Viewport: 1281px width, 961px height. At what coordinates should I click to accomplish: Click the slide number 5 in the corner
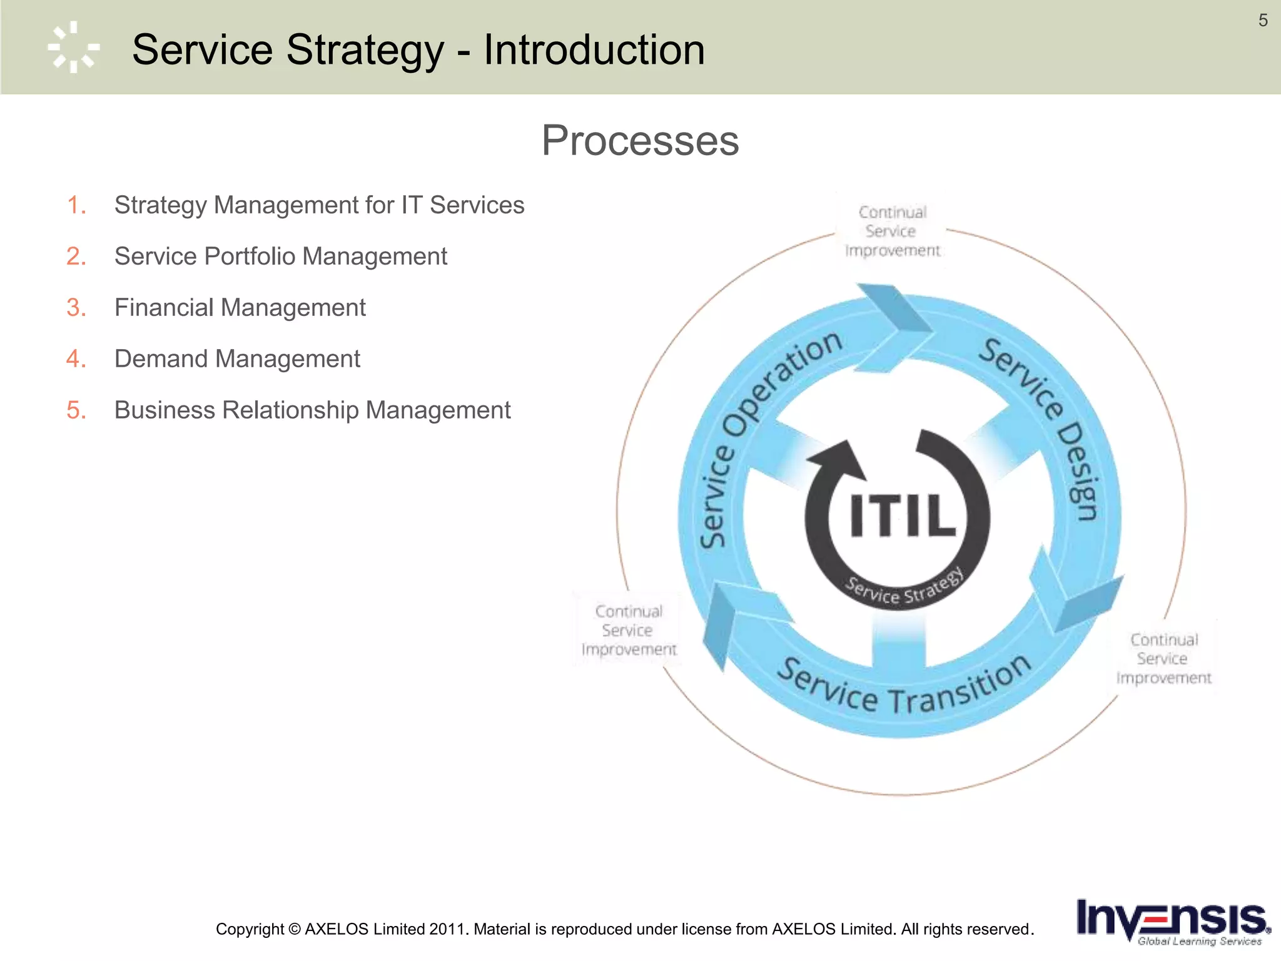1263,21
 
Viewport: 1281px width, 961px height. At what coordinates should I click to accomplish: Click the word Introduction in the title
594,49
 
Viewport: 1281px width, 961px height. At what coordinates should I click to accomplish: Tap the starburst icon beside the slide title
74,48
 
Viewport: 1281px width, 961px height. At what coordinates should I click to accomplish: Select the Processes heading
640,140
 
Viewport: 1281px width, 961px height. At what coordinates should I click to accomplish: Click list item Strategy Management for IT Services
319,205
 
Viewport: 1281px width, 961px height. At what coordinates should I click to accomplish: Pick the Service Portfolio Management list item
280,257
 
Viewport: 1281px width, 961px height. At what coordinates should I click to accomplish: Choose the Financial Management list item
240,308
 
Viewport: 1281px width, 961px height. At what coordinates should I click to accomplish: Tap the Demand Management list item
237,359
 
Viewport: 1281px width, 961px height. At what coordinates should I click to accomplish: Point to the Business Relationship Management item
312,410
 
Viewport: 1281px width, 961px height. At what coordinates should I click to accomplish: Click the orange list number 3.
76,308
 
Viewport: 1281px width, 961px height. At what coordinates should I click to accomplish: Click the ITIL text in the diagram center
902,516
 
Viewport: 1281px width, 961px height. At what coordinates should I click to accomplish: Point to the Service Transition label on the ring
904,688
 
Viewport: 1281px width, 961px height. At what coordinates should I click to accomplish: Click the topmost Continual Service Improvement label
892,231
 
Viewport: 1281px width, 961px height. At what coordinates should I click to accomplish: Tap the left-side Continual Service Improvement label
628,631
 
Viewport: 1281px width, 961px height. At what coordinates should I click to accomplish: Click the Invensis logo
1171,922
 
